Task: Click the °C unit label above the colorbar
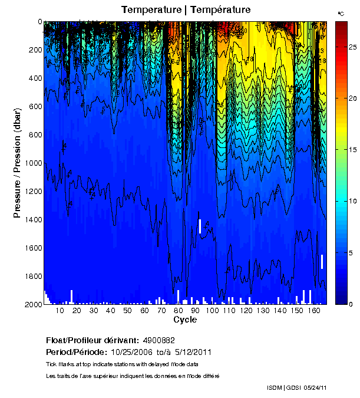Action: pyautogui.click(x=341, y=13)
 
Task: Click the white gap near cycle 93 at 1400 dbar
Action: pyautogui.click(x=200, y=226)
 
